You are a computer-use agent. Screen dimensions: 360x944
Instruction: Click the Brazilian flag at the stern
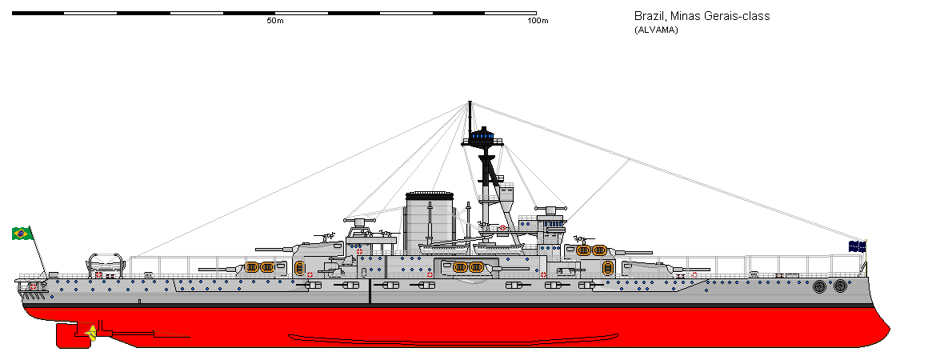[22, 233]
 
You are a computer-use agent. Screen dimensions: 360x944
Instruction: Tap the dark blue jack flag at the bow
[858, 246]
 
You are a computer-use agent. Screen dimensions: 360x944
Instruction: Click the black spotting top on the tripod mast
[482, 138]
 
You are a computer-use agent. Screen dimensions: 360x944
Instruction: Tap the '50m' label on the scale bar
[275, 21]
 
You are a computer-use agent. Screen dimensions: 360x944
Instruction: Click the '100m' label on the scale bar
[538, 21]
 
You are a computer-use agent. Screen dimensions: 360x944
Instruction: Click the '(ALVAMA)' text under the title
[655, 30]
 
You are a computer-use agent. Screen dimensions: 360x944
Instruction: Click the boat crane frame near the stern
[107, 264]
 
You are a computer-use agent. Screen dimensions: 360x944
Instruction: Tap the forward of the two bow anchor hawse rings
[840, 286]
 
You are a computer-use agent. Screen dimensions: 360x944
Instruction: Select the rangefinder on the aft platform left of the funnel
[361, 219]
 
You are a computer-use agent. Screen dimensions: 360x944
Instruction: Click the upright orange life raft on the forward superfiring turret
[607, 268]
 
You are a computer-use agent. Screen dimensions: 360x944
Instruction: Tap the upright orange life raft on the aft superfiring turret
[300, 268]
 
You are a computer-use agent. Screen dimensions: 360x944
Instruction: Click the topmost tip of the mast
[470, 102]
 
